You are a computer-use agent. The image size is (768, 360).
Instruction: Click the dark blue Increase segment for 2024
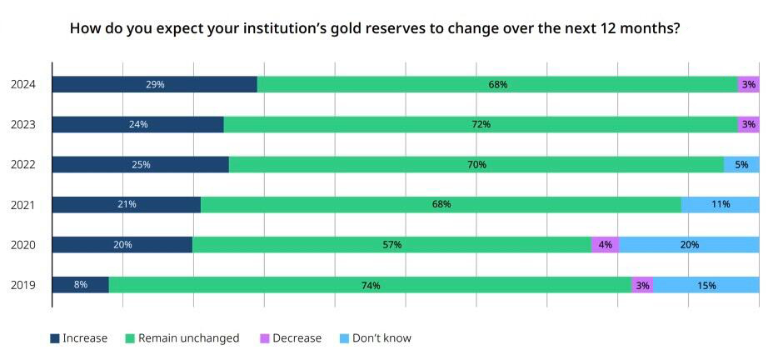[155, 84]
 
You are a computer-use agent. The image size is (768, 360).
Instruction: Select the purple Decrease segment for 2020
[606, 244]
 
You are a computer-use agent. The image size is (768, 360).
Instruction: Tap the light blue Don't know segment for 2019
[706, 284]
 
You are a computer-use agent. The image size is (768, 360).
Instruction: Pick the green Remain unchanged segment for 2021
[441, 204]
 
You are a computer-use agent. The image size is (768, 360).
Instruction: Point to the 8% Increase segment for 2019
[80, 284]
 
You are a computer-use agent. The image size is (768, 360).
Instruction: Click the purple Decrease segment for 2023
[749, 124]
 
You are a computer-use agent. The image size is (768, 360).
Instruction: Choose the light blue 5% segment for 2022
[741, 164]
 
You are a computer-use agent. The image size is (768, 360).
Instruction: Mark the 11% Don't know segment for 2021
[721, 204]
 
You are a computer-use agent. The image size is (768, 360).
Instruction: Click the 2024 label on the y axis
[23, 85]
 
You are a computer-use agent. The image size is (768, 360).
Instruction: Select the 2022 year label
[23, 165]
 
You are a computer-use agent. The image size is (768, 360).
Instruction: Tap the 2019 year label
[23, 285]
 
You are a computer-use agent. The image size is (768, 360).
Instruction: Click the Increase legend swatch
[55, 338]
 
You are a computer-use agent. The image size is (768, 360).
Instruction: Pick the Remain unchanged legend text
[188, 338]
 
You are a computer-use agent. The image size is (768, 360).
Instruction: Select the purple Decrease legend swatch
[265, 338]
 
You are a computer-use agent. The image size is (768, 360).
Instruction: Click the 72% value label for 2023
[481, 124]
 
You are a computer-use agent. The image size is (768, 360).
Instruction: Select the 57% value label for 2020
[391, 244]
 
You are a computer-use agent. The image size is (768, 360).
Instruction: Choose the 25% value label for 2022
[141, 164]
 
